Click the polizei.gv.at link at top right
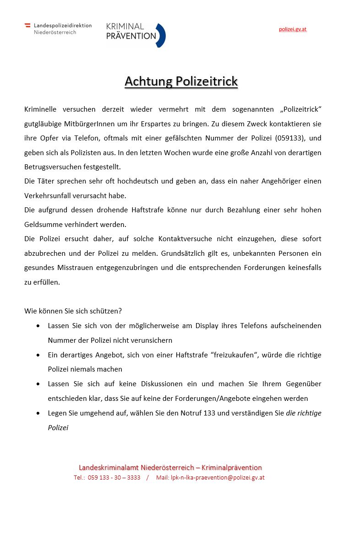click(293, 29)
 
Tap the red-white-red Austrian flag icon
click(27, 26)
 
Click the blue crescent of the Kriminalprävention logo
click(161, 35)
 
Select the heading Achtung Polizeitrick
click(181, 81)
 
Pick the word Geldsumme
click(41, 225)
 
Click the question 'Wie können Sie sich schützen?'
click(73, 311)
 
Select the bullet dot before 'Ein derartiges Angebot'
click(38, 355)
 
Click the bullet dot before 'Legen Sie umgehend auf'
click(38, 413)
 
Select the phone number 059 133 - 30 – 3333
click(114, 478)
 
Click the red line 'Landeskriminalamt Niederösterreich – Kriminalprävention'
click(170, 468)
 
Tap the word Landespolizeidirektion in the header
click(63, 26)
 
